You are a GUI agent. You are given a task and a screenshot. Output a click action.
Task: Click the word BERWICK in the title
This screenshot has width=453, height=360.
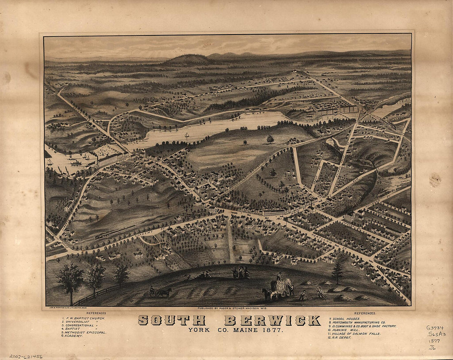coord(272,320)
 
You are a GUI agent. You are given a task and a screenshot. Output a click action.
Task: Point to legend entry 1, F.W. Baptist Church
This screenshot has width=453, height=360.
coord(84,318)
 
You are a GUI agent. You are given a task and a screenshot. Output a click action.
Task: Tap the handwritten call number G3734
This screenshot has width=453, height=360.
coord(434,328)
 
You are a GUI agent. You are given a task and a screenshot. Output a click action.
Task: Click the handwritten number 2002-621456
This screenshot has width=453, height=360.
coord(26,356)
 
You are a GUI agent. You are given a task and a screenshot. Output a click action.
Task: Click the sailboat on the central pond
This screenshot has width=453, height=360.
coord(186,135)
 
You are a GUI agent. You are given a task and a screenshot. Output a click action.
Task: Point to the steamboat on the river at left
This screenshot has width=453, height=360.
coord(76,162)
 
